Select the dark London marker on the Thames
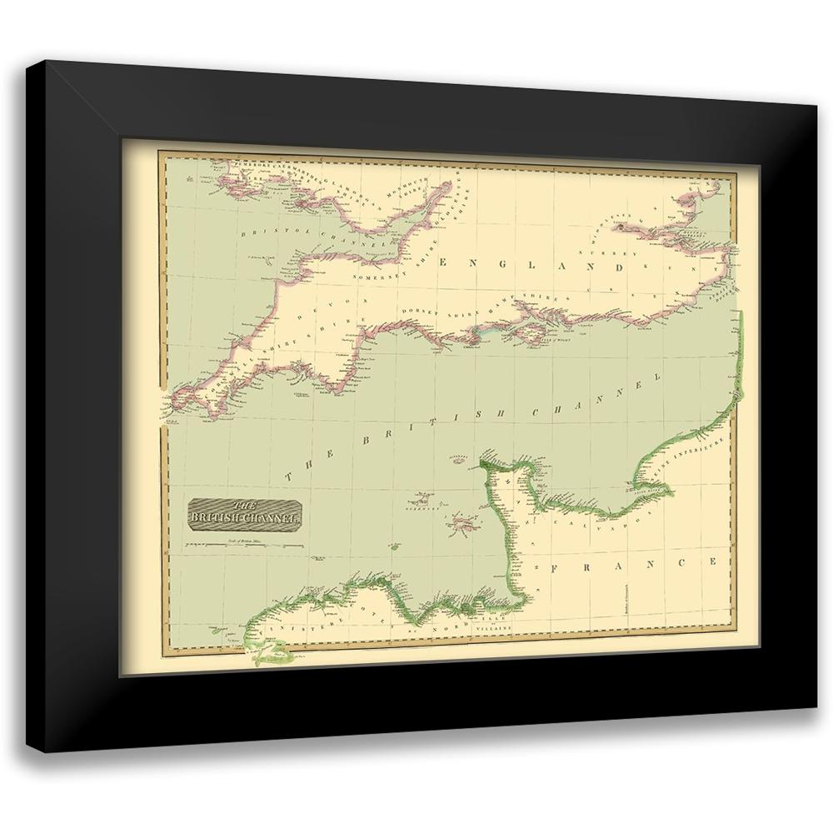pos(621,224)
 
